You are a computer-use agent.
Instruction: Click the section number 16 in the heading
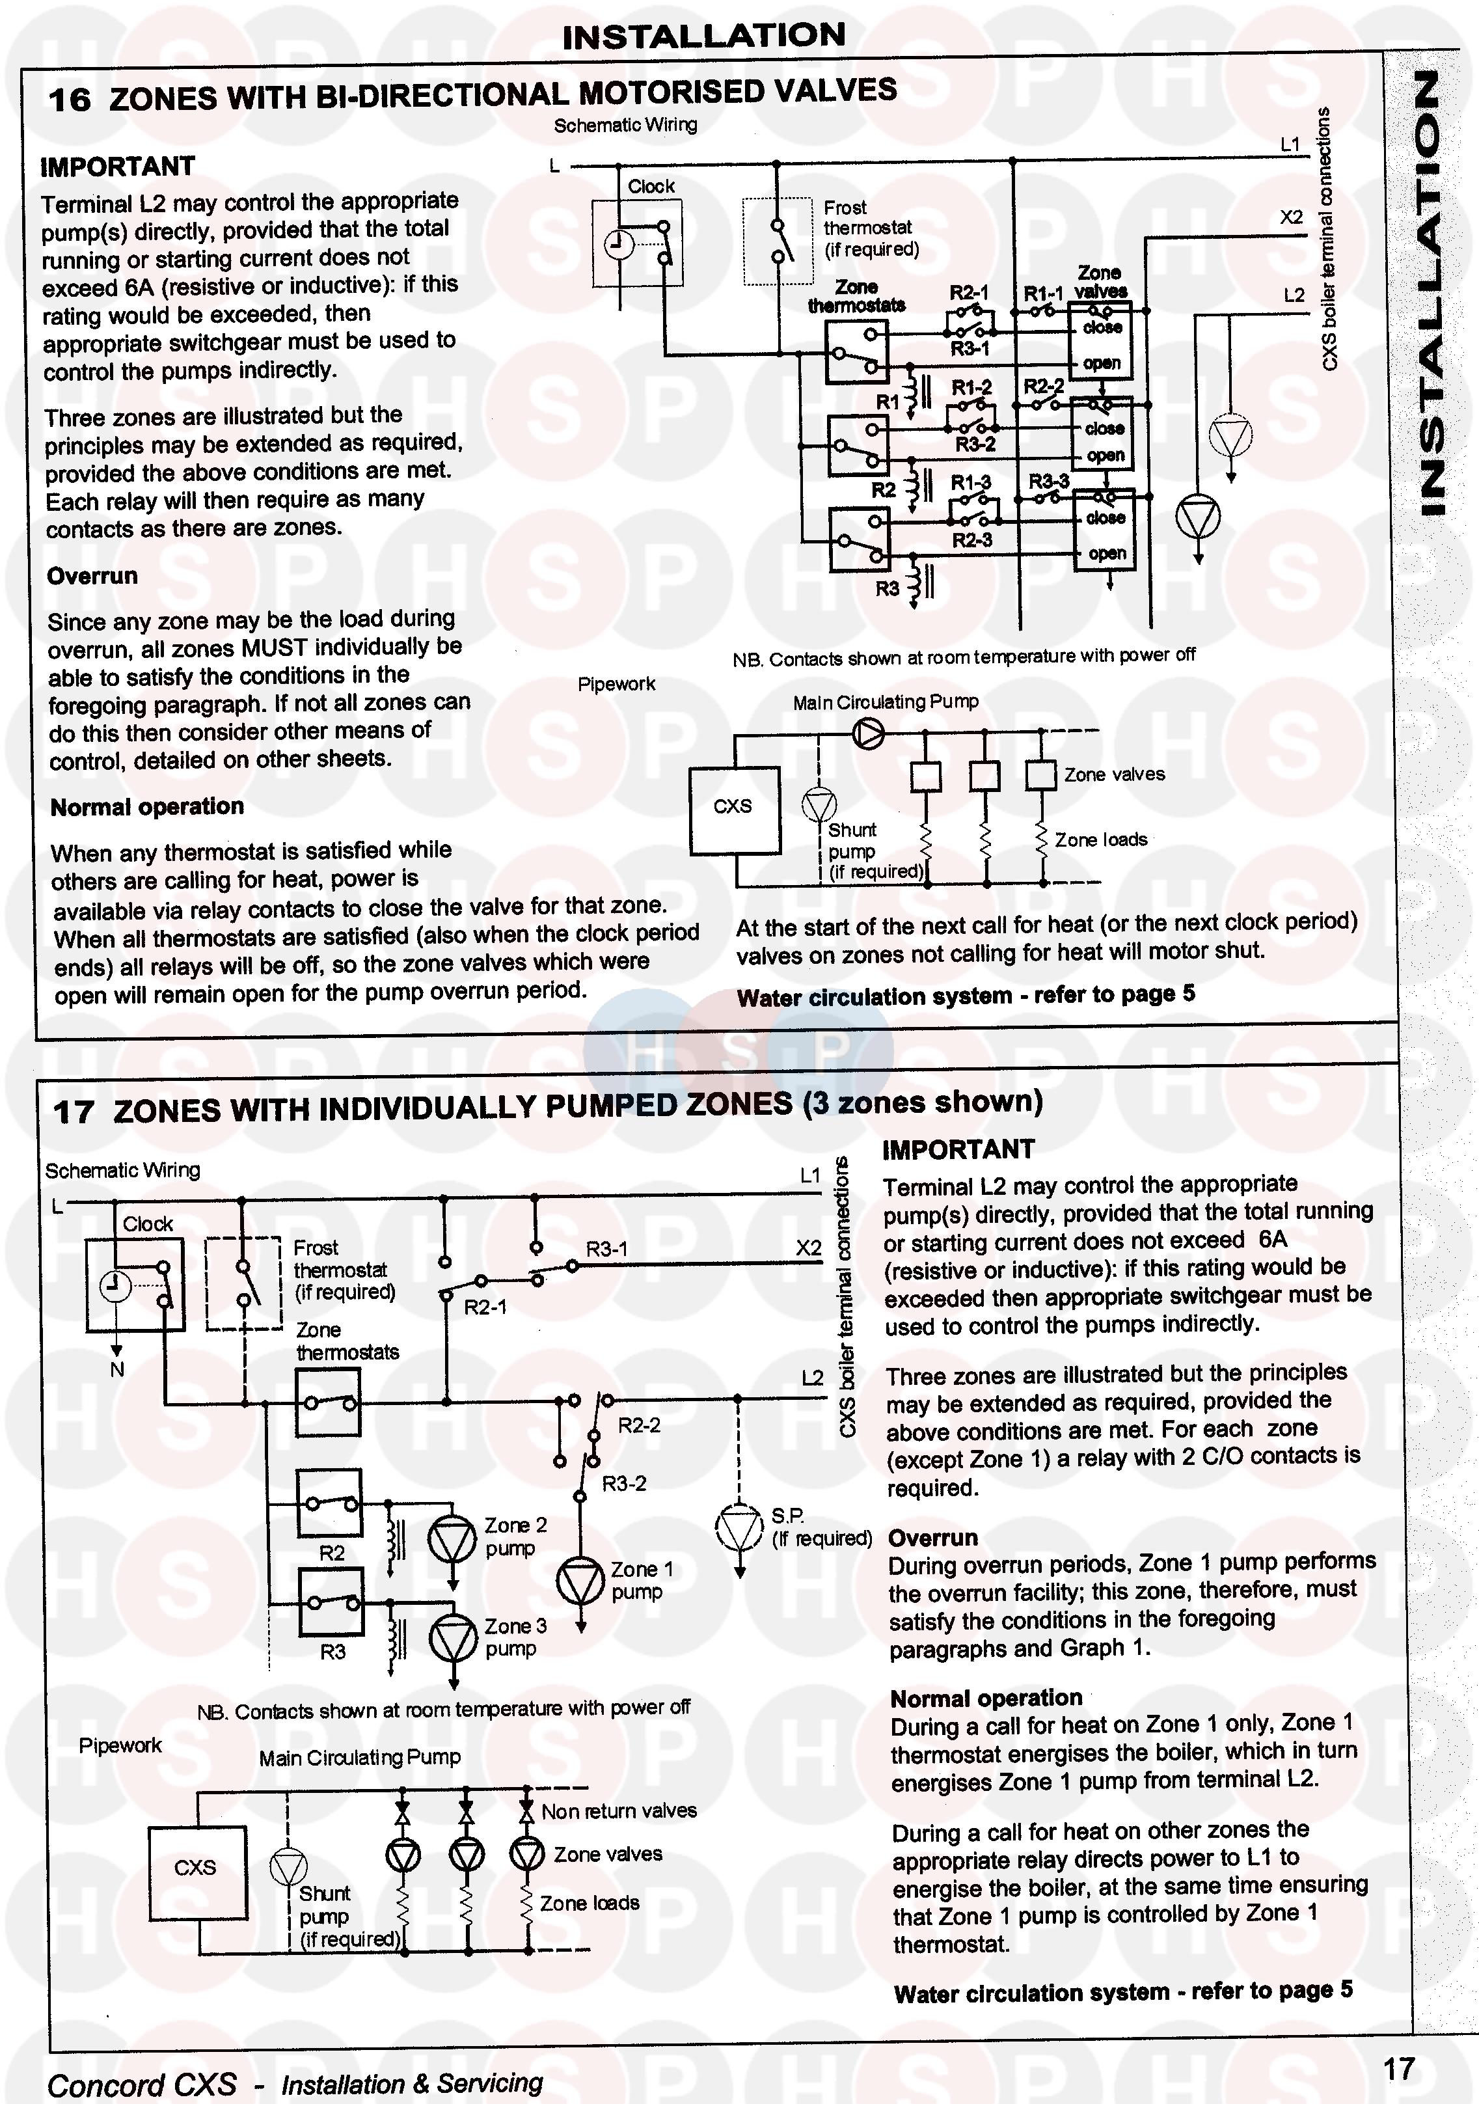coord(69,99)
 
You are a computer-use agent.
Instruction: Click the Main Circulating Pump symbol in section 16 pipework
coord(868,732)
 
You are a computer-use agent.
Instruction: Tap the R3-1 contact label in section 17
coord(606,1249)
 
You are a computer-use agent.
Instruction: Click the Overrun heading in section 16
coord(92,577)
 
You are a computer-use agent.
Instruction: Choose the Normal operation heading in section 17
coord(986,1698)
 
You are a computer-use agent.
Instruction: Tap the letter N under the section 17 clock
coord(116,1370)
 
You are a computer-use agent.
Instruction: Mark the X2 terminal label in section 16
coord(1291,218)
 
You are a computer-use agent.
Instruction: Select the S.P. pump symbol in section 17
coord(739,1527)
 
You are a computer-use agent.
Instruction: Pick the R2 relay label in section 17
coord(332,1553)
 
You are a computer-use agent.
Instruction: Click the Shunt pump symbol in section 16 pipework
coord(819,804)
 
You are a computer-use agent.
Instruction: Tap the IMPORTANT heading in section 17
coord(958,1150)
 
